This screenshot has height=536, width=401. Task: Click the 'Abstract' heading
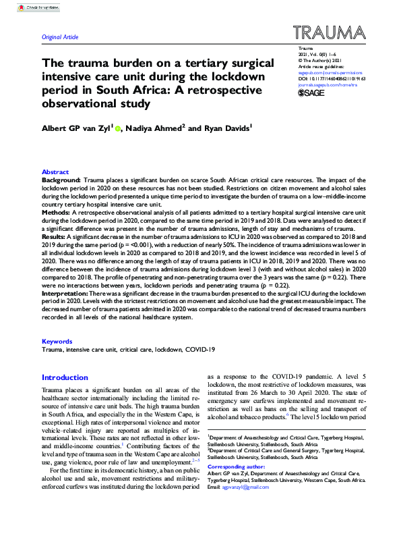(x=55, y=172)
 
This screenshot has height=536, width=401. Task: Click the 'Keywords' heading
(x=57, y=342)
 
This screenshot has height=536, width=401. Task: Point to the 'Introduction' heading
(x=66, y=377)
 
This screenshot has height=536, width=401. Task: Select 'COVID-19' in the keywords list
(x=202, y=350)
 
